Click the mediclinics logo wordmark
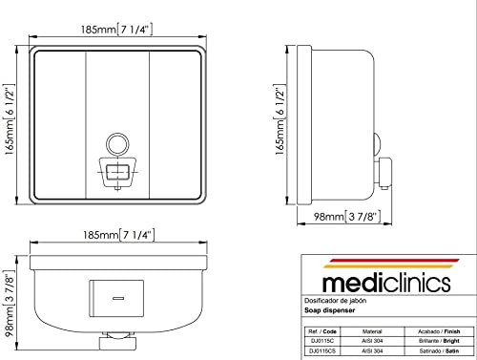tap(386, 284)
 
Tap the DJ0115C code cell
tap(322, 341)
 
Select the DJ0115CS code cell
tap(322, 351)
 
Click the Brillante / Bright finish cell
tap(439, 341)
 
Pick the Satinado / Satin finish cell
tap(439, 351)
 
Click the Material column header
tap(372, 331)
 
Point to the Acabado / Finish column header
tap(439, 331)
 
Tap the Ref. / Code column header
tap(322, 331)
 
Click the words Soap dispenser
tap(329, 310)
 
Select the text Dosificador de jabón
tap(335, 301)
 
